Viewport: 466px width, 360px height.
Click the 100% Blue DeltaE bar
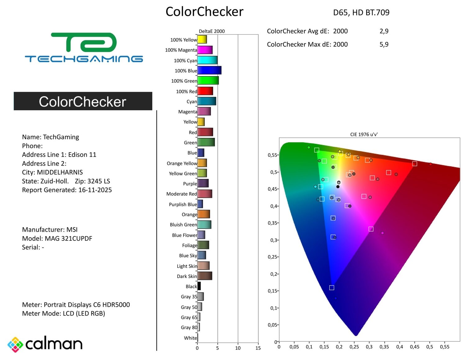coord(209,71)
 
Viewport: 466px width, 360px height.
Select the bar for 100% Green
coord(208,81)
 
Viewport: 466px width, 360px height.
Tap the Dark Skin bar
coord(204,276)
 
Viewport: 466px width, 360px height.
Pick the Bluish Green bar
coord(204,225)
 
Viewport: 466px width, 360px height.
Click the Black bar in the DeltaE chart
coord(199,286)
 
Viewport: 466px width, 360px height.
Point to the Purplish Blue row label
coord(183,204)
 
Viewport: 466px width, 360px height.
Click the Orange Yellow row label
coord(182,163)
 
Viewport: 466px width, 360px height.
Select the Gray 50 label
coord(189,307)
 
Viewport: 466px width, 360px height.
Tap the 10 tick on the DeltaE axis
coord(238,348)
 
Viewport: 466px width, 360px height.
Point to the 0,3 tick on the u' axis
coord(369,347)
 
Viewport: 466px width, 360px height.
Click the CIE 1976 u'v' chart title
coord(364,134)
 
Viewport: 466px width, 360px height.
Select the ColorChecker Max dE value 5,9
coord(384,44)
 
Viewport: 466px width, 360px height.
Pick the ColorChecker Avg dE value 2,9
coord(384,31)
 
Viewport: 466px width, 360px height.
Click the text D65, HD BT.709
coord(361,12)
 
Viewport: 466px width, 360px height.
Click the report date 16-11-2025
coord(95,190)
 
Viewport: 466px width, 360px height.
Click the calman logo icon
coord(15,344)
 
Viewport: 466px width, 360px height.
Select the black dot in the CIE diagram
coord(338,187)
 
